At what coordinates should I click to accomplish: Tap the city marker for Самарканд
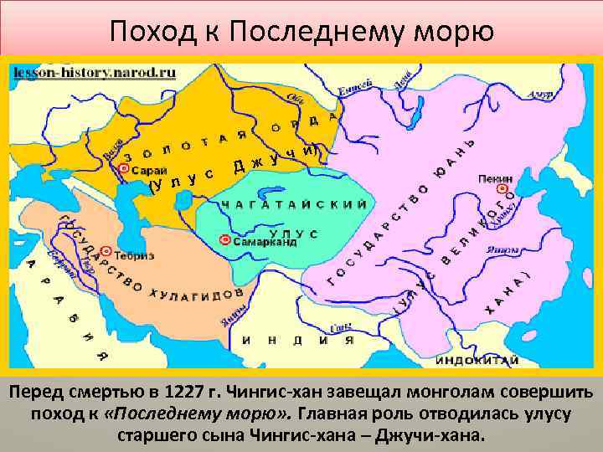(x=224, y=240)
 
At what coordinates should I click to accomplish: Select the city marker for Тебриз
(x=106, y=251)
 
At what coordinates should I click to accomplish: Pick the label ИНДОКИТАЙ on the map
(x=477, y=360)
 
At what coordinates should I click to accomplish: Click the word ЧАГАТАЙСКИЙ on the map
(x=293, y=203)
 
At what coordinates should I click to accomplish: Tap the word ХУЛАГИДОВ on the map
(x=198, y=293)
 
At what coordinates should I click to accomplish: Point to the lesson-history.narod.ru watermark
(x=93, y=72)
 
